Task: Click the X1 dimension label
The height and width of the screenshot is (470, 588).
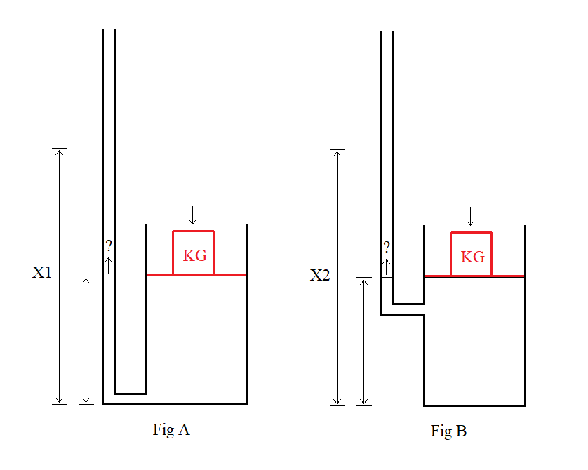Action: (42, 273)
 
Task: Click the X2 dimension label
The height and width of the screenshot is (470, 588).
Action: (320, 275)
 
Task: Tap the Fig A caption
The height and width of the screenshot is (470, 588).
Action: (171, 429)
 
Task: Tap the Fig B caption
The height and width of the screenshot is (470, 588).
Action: (448, 431)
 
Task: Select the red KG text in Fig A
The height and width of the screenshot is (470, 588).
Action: (195, 255)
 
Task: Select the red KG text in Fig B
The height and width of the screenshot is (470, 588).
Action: (473, 257)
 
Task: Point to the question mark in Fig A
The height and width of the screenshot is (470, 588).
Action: (109, 246)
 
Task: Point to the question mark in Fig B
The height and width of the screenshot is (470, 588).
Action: (387, 247)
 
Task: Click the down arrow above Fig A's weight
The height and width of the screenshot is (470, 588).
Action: (193, 215)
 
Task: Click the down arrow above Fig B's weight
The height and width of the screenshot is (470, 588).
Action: (470, 216)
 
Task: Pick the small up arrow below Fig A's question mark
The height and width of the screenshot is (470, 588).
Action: (108, 265)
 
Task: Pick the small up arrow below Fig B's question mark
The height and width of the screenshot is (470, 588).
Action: (386, 267)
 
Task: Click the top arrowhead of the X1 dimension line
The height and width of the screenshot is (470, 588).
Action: (60, 152)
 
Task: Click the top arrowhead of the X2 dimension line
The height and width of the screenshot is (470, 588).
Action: (338, 154)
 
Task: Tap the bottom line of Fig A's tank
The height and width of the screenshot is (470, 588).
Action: (175, 404)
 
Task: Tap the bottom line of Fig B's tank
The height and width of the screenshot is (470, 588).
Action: (475, 405)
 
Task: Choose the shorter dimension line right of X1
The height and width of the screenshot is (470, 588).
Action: (86, 340)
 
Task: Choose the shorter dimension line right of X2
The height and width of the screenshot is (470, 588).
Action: (363, 342)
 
